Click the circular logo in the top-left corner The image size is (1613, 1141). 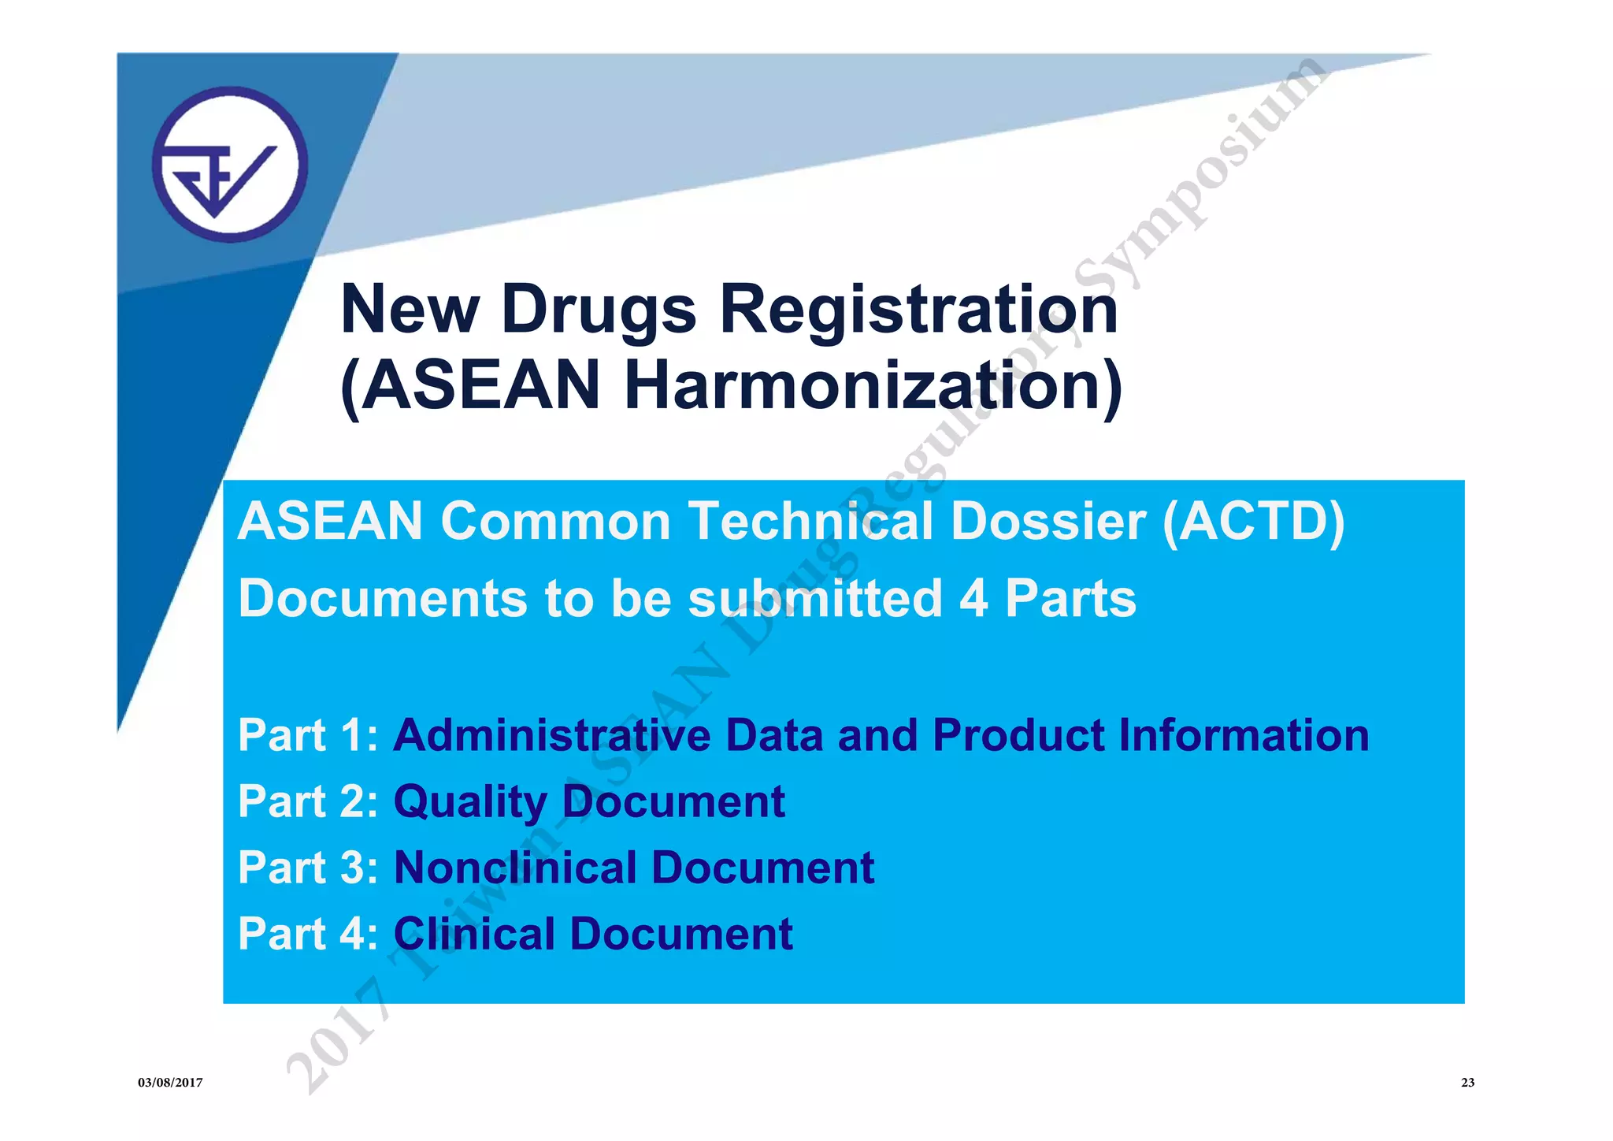click(230, 165)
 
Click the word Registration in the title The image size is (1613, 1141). click(918, 309)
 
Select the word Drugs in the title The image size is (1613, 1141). click(599, 309)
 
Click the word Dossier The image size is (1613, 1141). click(1048, 522)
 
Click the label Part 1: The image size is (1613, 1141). click(308, 736)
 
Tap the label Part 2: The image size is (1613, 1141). click(308, 802)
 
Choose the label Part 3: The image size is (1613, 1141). click(308, 868)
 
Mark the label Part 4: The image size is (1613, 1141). click(308, 935)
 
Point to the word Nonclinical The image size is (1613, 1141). click(514, 868)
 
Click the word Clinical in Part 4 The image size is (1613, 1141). click(474, 935)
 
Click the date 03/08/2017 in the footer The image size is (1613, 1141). click(170, 1083)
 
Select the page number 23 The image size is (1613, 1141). click(1467, 1083)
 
